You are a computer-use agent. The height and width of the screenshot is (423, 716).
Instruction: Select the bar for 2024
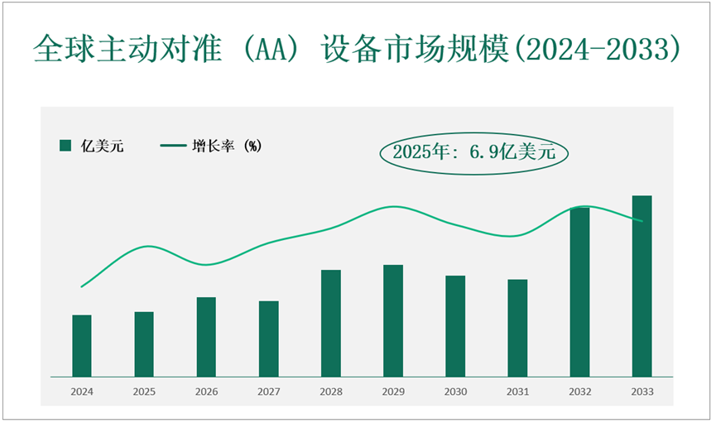click(x=82, y=345)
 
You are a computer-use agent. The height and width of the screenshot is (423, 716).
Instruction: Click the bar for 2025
click(x=144, y=344)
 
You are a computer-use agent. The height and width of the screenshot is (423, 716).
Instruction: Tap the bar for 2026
click(x=206, y=336)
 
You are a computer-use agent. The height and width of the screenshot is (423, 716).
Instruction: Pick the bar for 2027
click(x=268, y=338)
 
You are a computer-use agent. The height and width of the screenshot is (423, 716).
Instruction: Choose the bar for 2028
click(x=331, y=323)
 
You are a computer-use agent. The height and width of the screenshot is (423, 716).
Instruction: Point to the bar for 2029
click(x=393, y=320)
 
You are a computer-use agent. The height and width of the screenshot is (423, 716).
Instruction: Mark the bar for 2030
click(x=455, y=325)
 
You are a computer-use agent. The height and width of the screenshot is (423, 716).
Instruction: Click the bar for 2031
click(x=517, y=328)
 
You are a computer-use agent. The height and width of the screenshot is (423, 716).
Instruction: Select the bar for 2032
click(x=579, y=291)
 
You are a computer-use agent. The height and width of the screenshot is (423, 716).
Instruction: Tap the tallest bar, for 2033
click(x=642, y=286)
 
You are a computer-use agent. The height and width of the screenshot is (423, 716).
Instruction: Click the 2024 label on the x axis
click(x=82, y=391)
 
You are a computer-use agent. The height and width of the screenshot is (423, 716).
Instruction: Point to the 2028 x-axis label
click(x=331, y=391)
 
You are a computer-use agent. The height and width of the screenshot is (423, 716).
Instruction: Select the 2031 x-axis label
click(x=517, y=391)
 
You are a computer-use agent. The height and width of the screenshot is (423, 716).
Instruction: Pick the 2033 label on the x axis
click(x=642, y=391)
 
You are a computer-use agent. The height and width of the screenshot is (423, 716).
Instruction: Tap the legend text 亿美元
click(x=103, y=147)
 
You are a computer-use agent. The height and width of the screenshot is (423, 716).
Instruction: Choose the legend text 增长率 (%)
click(x=226, y=147)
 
